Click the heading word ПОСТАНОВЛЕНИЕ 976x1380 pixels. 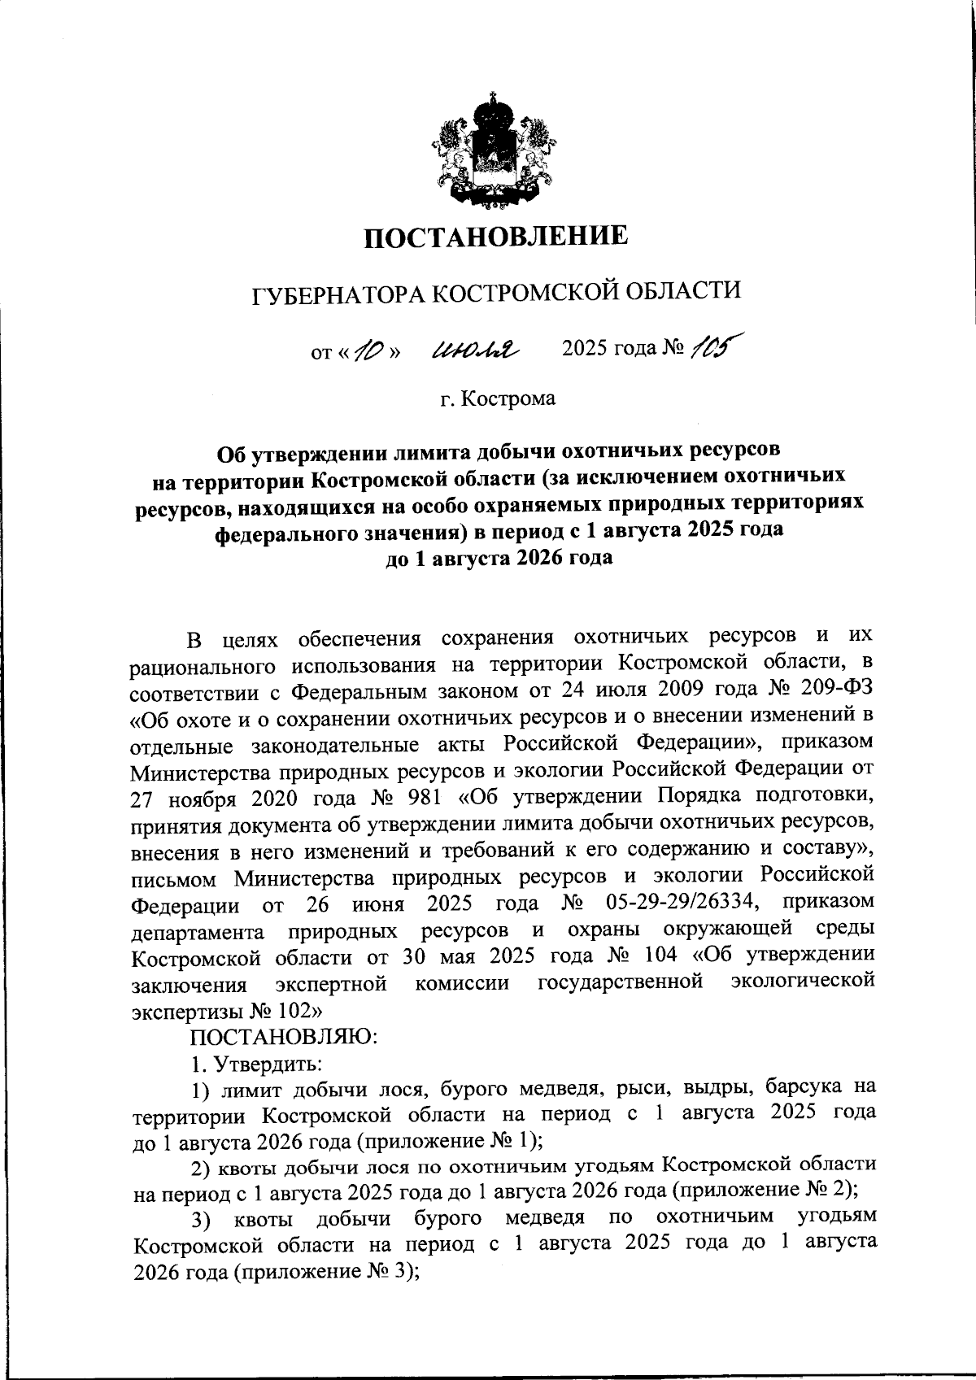tap(495, 236)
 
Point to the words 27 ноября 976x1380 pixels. tap(182, 798)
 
